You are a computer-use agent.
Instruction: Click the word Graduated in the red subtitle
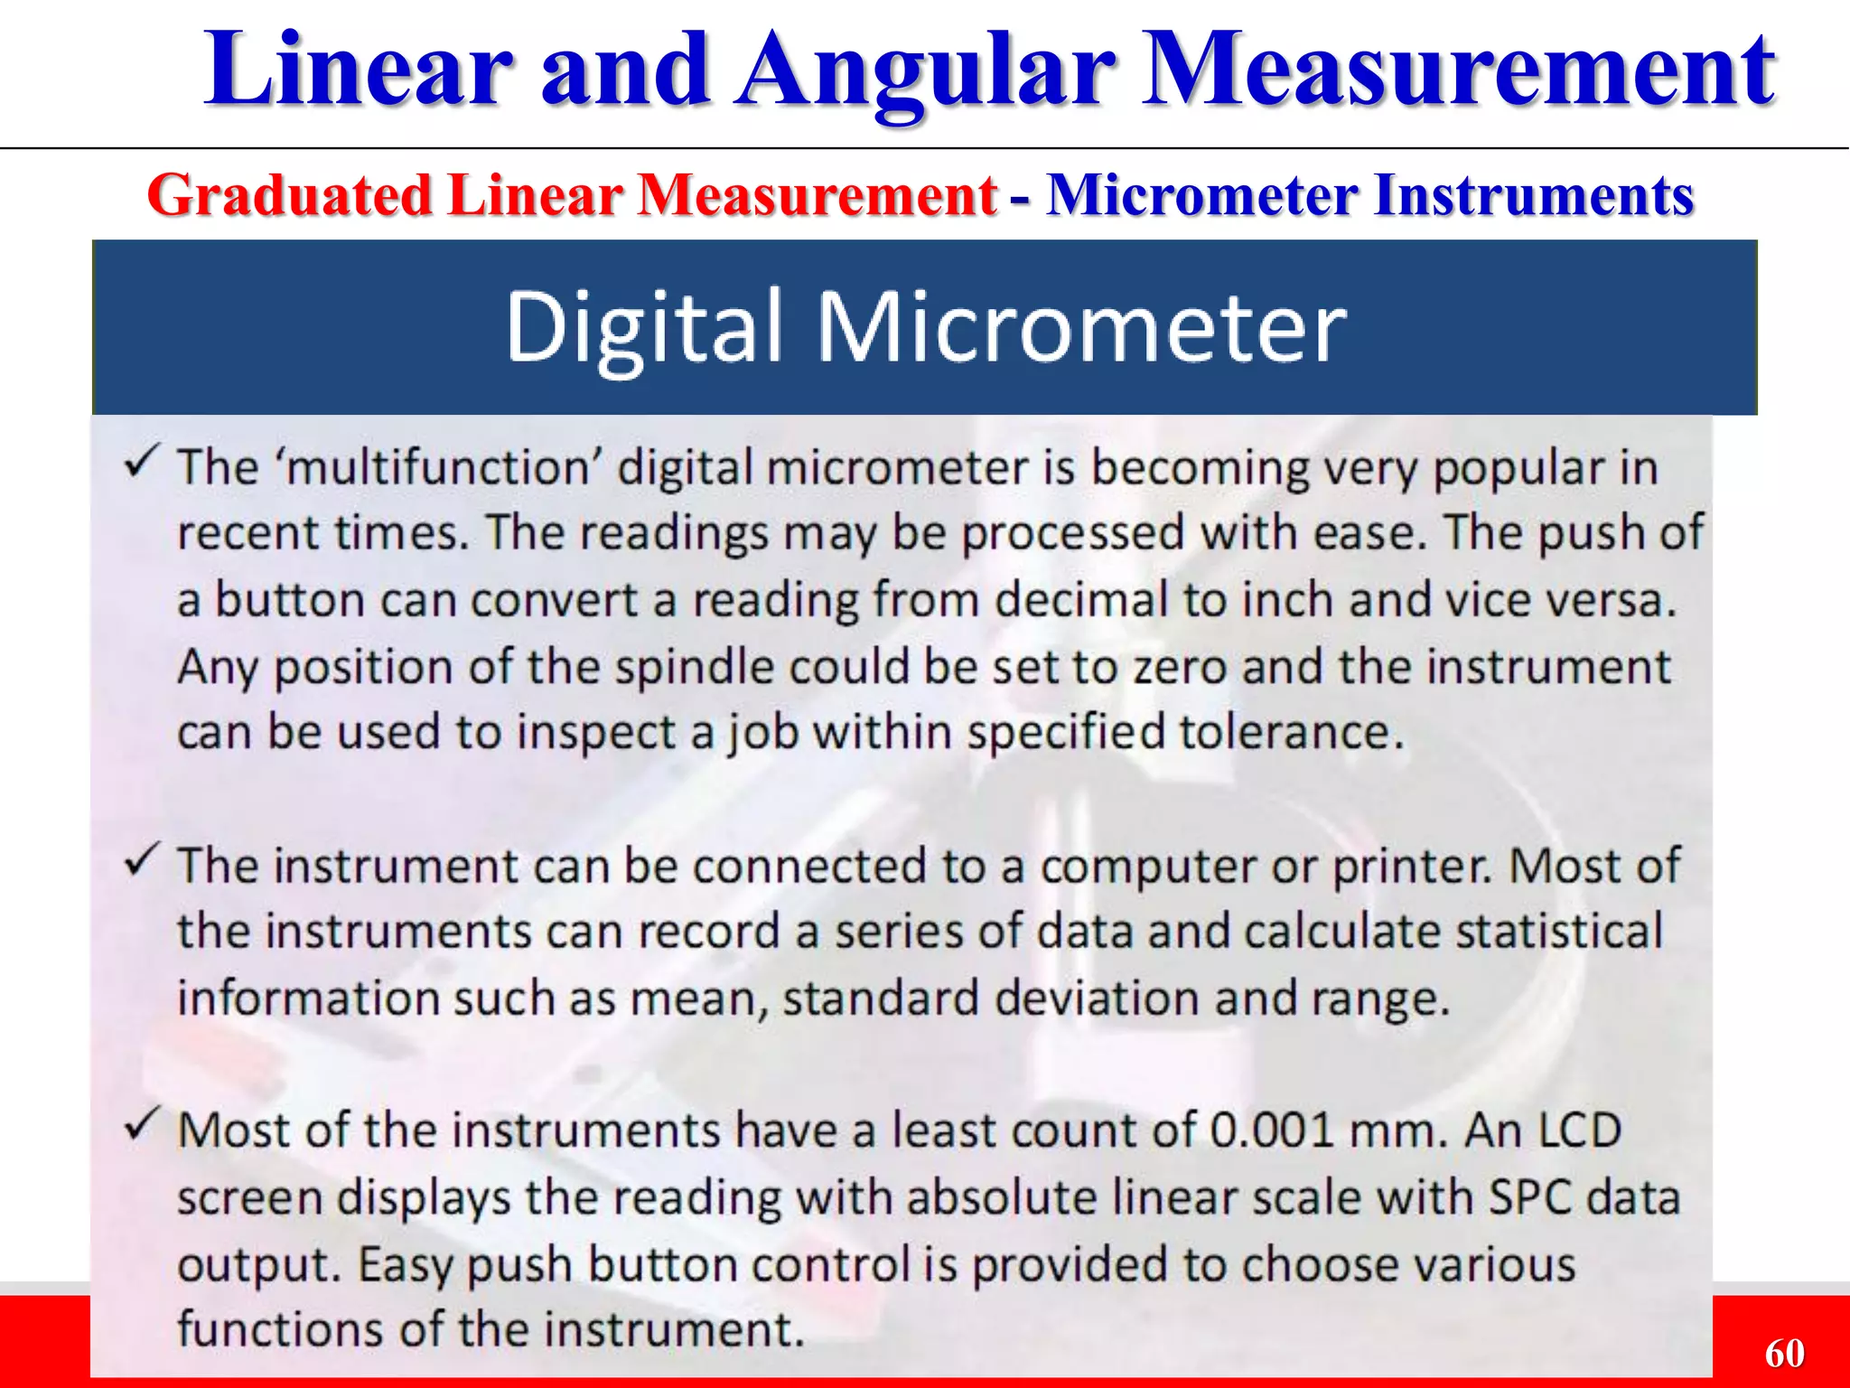coord(290,195)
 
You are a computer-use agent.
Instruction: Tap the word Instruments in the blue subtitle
coord(1532,195)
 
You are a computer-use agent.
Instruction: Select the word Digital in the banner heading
coord(642,327)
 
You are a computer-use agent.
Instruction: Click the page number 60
coord(1784,1354)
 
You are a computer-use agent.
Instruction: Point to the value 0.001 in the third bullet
coord(1271,1130)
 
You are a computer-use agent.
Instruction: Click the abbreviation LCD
coord(1579,1130)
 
